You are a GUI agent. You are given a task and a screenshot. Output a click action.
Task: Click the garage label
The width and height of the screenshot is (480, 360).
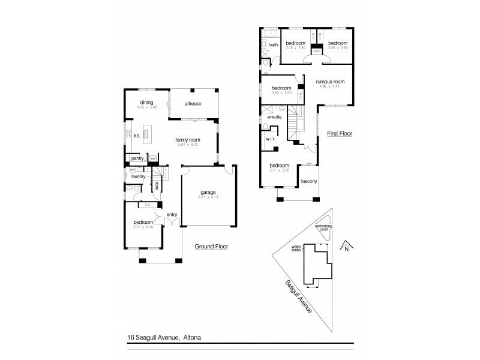[208, 193]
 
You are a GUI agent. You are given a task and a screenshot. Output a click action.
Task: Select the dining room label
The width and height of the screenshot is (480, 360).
[147, 102]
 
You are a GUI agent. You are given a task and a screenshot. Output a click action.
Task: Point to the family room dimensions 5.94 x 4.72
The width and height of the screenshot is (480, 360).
[188, 145]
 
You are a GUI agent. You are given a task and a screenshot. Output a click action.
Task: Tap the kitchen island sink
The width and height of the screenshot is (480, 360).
[145, 134]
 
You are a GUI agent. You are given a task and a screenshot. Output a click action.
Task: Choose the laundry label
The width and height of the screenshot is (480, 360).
[139, 176]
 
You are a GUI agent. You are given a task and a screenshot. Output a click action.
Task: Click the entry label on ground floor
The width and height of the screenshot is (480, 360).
[172, 214]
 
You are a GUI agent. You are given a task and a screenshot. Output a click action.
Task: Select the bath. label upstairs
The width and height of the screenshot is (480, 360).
[274, 45]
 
